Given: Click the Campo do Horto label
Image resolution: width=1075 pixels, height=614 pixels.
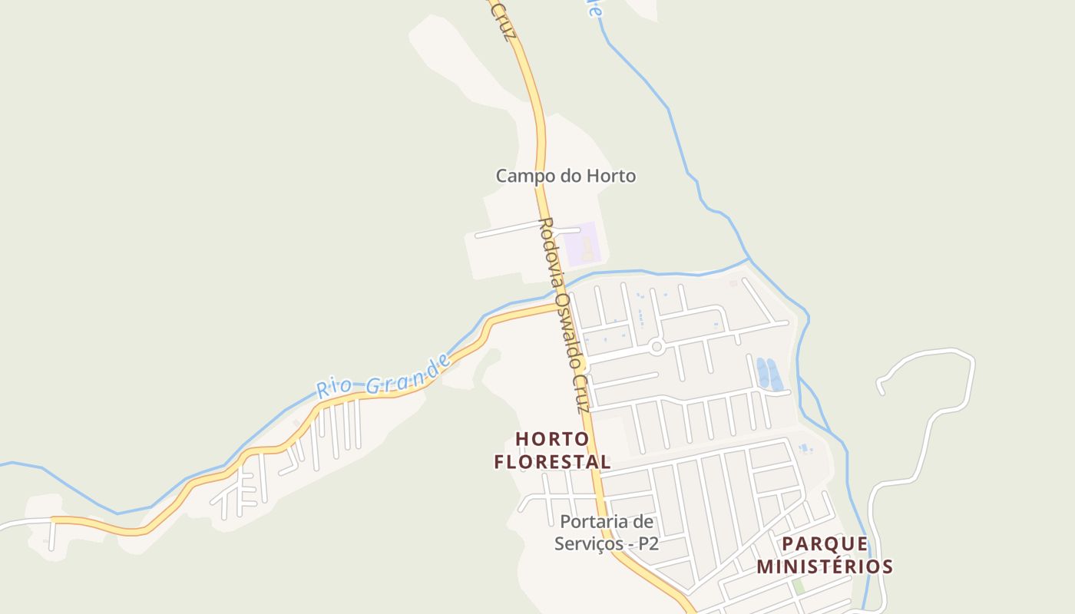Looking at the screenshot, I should point(565,176).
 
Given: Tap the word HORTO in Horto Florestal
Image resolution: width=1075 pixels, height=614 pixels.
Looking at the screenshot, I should point(552,439).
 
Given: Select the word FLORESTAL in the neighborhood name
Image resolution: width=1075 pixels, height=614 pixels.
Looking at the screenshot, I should point(552,462).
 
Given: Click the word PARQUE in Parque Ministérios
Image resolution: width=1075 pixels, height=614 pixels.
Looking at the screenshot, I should point(825,544).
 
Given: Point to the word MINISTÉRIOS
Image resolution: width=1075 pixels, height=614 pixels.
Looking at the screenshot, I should point(825,567).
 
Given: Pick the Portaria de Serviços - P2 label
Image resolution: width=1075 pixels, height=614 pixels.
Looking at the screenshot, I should point(607,533).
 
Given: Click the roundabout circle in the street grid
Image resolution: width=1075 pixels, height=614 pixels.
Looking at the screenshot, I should point(657,347).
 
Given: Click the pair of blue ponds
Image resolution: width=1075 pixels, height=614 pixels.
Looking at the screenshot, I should point(769,374).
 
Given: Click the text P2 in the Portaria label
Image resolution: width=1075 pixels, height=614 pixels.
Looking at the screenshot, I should point(647,543).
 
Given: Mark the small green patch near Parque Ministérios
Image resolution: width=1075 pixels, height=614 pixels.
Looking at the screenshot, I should point(799,586).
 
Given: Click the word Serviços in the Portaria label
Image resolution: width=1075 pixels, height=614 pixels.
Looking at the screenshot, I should point(590,543).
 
